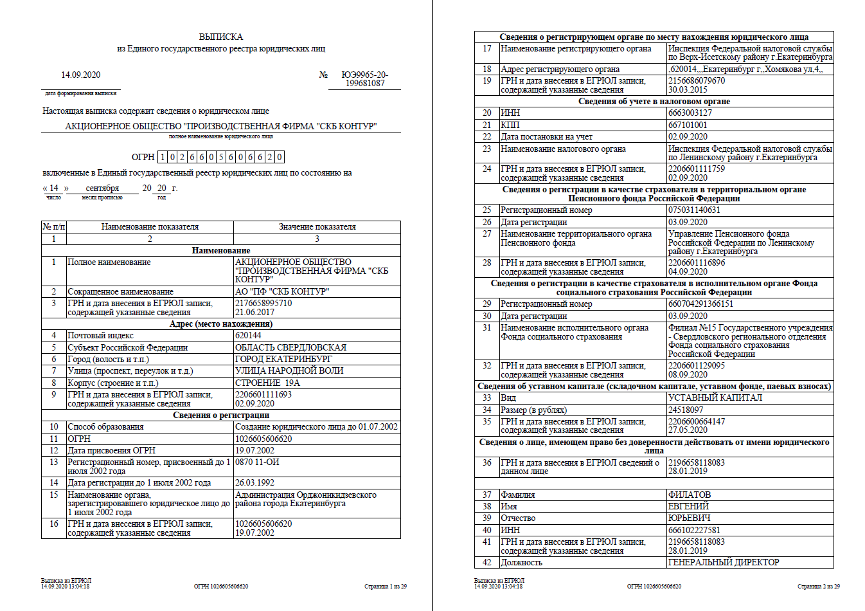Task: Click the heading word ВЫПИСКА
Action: coord(220,37)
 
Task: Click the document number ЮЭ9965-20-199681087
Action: coord(364,78)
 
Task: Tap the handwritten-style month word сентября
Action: coord(102,188)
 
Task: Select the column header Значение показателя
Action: coord(317,226)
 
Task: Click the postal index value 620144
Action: coord(248,335)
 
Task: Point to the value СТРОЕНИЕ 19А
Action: coord(267,383)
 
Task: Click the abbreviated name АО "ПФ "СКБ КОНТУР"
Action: coord(282,291)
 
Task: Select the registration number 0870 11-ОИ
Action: coord(257,462)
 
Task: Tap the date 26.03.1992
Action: coord(254,482)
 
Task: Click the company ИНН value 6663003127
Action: coord(690,113)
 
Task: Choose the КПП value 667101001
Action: coord(688,125)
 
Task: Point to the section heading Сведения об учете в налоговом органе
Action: coord(654,101)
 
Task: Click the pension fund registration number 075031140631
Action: coord(694,210)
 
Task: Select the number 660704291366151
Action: coord(700,304)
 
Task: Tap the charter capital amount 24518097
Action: coord(686,410)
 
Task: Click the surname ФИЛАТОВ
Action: coord(690,495)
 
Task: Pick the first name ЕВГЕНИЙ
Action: coord(688,506)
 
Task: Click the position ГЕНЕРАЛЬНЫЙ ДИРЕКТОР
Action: coord(724,562)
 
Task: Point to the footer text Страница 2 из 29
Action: coord(818,587)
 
